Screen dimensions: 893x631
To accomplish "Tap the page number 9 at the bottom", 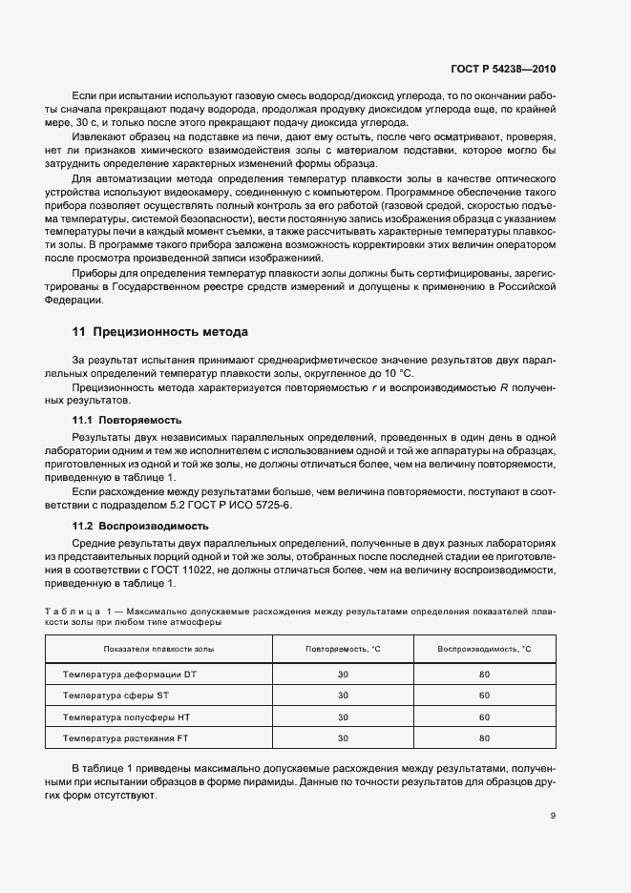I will pyautogui.click(x=554, y=815).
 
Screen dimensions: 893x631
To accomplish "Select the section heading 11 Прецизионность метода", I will pyautogui.click(x=160, y=332).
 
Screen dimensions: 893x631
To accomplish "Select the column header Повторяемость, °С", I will pyautogui.click(x=343, y=649).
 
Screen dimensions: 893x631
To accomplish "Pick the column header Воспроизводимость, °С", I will pyautogui.click(x=484, y=649).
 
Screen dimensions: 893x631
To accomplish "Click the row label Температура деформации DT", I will pyautogui.click(x=130, y=674).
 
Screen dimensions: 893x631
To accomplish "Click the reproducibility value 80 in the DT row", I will pyautogui.click(x=484, y=674).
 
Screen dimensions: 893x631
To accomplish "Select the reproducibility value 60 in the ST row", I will pyautogui.click(x=484, y=696).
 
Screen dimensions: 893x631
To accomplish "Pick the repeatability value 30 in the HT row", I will pyautogui.click(x=343, y=716).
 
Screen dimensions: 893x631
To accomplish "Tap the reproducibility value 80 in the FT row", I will pyautogui.click(x=484, y=738).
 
